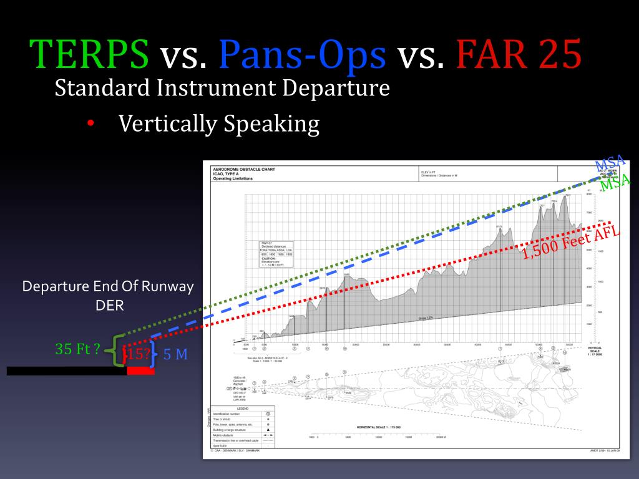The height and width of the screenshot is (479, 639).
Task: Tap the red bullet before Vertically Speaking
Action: pyautogui.click(x=91, y=124)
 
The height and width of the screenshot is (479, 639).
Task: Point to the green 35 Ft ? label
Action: pyautogui.click(x=77, y=349)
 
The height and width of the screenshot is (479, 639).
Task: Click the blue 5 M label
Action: pyautogui.click(x=175, y=355)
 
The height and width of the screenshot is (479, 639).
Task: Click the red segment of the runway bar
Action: pyautogui.click(x=140, y=370)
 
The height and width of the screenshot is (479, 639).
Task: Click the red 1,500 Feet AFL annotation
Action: pyautogui.click(x=571, y=243)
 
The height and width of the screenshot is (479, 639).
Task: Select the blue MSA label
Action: pyautogui.click(x=610, y=163)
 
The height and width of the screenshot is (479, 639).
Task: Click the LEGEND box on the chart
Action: pyautogui.click(x=239, y=408)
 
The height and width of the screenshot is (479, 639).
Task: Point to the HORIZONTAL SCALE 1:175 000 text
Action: pyautogui.click(x=380, y=427)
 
